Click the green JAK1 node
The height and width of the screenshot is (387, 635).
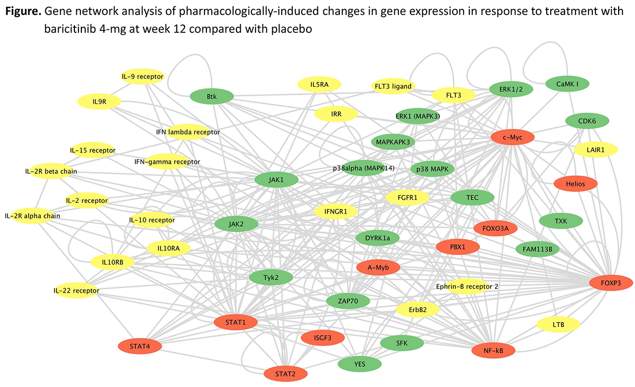[276, 180]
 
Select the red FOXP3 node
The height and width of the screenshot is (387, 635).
[611, 283]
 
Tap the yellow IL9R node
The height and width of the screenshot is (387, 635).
[99, 102]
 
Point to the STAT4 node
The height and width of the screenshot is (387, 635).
[139, 346]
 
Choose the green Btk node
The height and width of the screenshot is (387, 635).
[212, 96]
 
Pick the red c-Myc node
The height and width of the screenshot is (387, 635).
[513, 136]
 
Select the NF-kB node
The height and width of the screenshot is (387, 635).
[493, 351]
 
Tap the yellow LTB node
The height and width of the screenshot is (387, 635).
[558, 324]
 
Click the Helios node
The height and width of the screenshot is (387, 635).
[575, 184]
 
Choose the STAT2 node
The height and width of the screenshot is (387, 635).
[285, 373]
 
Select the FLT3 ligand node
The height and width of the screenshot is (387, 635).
[392, 86]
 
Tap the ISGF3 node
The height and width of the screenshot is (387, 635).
[322, 338]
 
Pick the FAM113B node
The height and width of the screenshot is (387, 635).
[537, 249]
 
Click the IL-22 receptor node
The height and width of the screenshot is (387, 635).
[76, 291]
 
